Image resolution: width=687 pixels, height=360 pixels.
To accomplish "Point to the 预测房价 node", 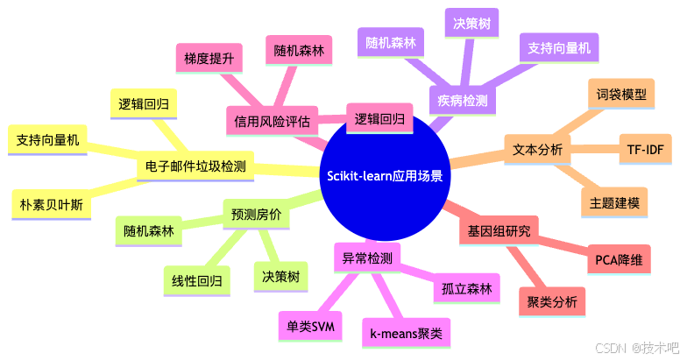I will [256, 213].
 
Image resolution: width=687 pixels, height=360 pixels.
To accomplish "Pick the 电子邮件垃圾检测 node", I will [195, 166].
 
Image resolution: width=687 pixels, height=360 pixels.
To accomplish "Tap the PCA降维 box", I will [618, 260].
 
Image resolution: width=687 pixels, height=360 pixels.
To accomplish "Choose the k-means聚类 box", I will [406, 332].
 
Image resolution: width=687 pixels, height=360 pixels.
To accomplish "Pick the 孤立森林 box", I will [467, 289].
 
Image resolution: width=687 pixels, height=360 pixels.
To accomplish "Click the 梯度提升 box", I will [208, 58].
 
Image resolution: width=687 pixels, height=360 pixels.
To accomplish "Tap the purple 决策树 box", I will [471, 25].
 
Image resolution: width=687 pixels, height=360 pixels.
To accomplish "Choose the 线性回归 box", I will [196, 280].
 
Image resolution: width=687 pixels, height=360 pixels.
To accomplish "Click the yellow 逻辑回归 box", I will [144, 104].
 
